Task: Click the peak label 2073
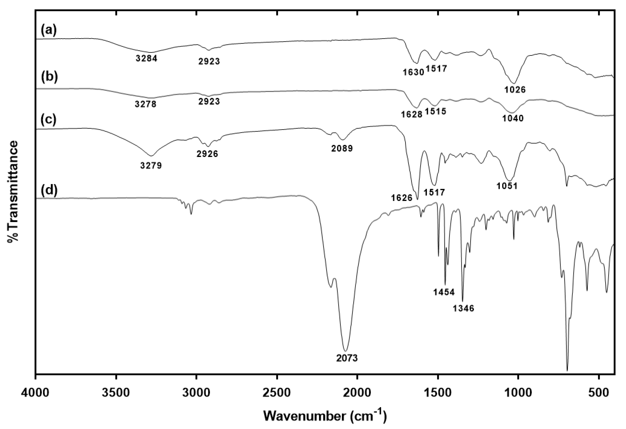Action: tap(347, 358)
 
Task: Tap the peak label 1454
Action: tap(444, 292)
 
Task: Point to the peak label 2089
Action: tap(342, 148)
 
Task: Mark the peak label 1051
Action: tap(507, 186)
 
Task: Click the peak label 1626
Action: tap(402, 198)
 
